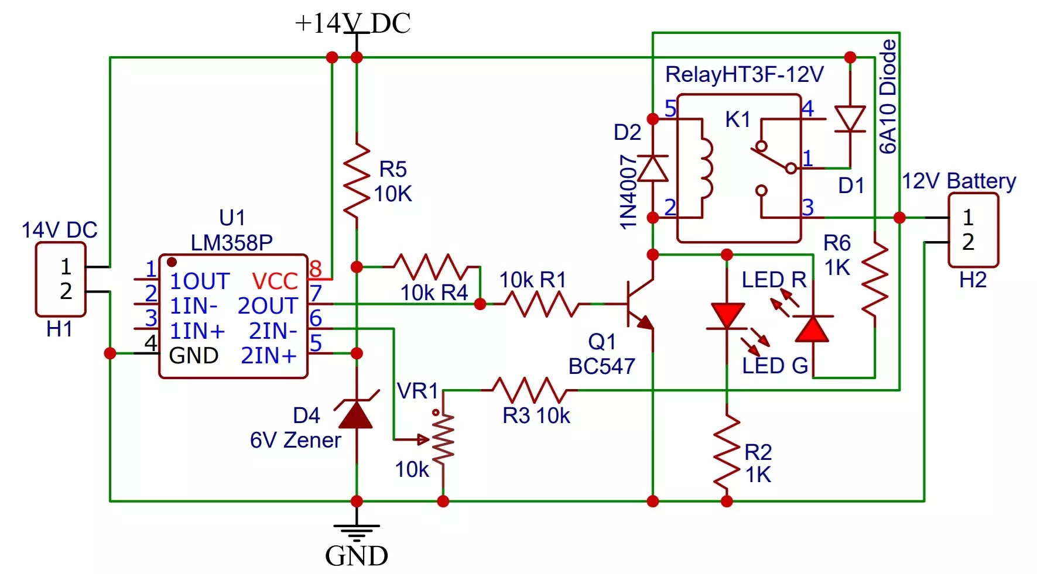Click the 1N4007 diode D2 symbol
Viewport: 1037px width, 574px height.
click(652, 168)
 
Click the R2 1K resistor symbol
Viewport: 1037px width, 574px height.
click(727, 453)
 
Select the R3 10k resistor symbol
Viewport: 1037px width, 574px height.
click(529, 390)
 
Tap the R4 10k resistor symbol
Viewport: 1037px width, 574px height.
click(433, 267)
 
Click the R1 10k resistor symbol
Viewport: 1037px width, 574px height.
click(542, 304)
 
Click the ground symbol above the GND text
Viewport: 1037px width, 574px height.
click(356, 532)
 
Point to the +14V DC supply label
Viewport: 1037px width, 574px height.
click(353, 23)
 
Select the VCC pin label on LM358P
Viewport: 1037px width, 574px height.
click(275, 281)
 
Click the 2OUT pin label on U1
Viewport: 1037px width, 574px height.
click(268, 306)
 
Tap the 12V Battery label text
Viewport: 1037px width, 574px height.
click(959, 181)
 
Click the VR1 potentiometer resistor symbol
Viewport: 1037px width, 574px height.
click(443, 439)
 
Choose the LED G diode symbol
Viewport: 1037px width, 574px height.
click(727, 316)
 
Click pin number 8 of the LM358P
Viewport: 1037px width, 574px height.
click(316, 269)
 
